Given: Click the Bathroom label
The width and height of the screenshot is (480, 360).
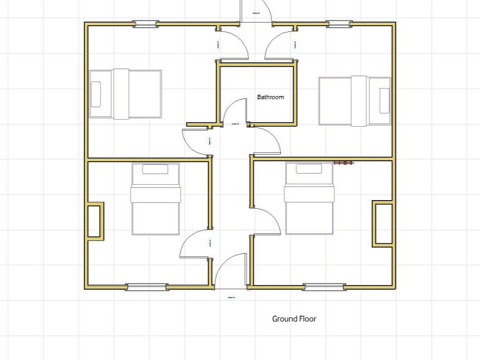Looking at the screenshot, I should pos(270,97).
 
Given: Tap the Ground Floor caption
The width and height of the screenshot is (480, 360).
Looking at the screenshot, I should pos(294,319).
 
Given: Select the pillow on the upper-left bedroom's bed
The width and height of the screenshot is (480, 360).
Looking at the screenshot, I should pos(96,94).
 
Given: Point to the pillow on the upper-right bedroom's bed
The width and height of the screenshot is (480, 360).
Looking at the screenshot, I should pos(384,100).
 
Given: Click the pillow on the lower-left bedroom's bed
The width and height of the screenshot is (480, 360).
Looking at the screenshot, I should pos(155,169).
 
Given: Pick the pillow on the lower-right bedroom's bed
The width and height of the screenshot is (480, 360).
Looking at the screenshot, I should pos(309,169).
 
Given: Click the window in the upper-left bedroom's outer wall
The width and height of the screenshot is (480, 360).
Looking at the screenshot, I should pos(145,24).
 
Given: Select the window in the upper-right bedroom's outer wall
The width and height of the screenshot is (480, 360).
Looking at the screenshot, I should pos(339,24).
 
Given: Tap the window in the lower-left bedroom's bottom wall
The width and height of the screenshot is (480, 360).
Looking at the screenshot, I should pos(147,287).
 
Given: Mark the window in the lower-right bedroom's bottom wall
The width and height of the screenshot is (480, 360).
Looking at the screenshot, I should pos(324,287).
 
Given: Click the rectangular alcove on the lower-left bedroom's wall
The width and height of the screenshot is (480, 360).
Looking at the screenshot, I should pos(95,221).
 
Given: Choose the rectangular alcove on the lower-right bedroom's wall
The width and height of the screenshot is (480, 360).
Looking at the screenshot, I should pos(382,224).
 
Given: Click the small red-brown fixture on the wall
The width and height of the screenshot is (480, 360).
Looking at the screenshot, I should pos(344,163).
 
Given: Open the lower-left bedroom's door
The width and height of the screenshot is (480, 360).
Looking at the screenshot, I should pos(195,244).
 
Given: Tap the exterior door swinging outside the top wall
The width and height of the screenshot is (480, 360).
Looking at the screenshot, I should pos(256,11).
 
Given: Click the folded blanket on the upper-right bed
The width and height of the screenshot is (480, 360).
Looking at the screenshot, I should pos(359,101).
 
